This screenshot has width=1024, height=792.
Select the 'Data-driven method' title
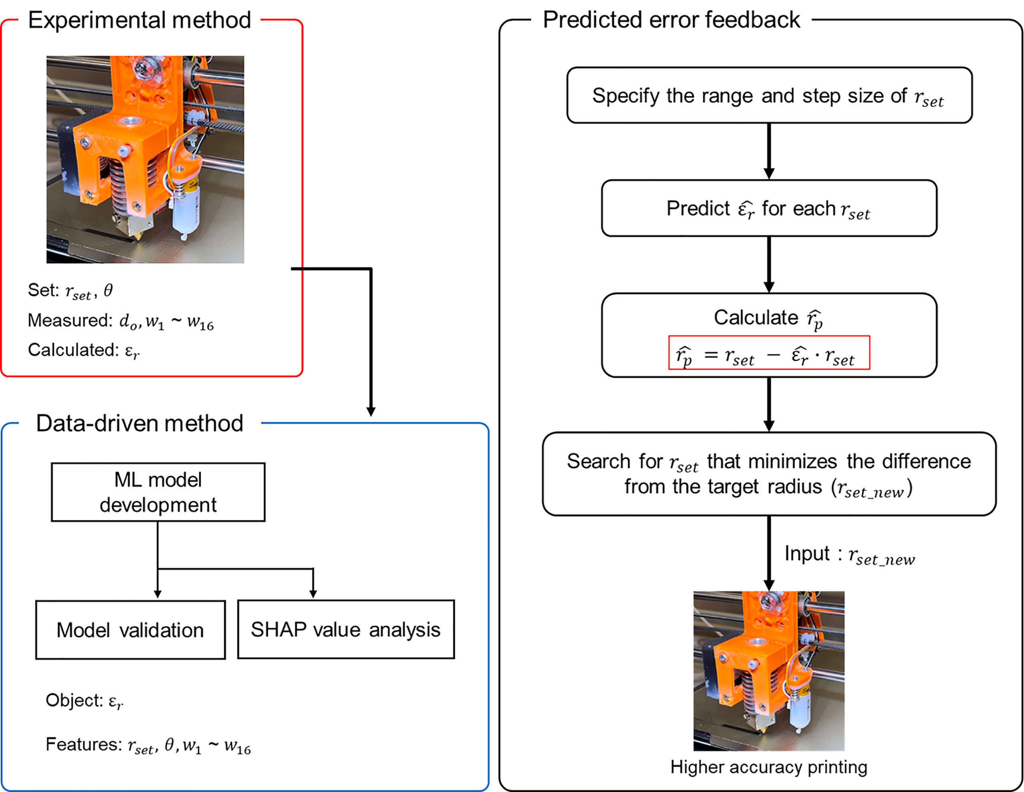click(139, 424)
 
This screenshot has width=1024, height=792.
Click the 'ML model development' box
click(158, 492)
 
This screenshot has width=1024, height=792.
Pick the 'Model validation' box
click(130, 630)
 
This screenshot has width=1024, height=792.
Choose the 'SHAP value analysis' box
click(346, 629)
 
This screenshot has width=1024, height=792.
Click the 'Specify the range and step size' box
click(769, 96)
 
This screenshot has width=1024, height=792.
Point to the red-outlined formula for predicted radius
click(769, 353)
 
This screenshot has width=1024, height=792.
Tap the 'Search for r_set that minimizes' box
click(769, 474)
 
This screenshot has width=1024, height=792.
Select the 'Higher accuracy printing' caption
click(768, 767)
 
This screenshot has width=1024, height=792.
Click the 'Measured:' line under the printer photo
click(120, 321)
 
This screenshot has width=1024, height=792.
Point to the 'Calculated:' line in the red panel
click(84, 350)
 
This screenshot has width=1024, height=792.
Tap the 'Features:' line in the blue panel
click(148, 745)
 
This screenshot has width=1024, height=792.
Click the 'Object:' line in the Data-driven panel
click(84, 700)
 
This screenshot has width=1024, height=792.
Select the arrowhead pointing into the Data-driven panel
click(371, 412)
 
